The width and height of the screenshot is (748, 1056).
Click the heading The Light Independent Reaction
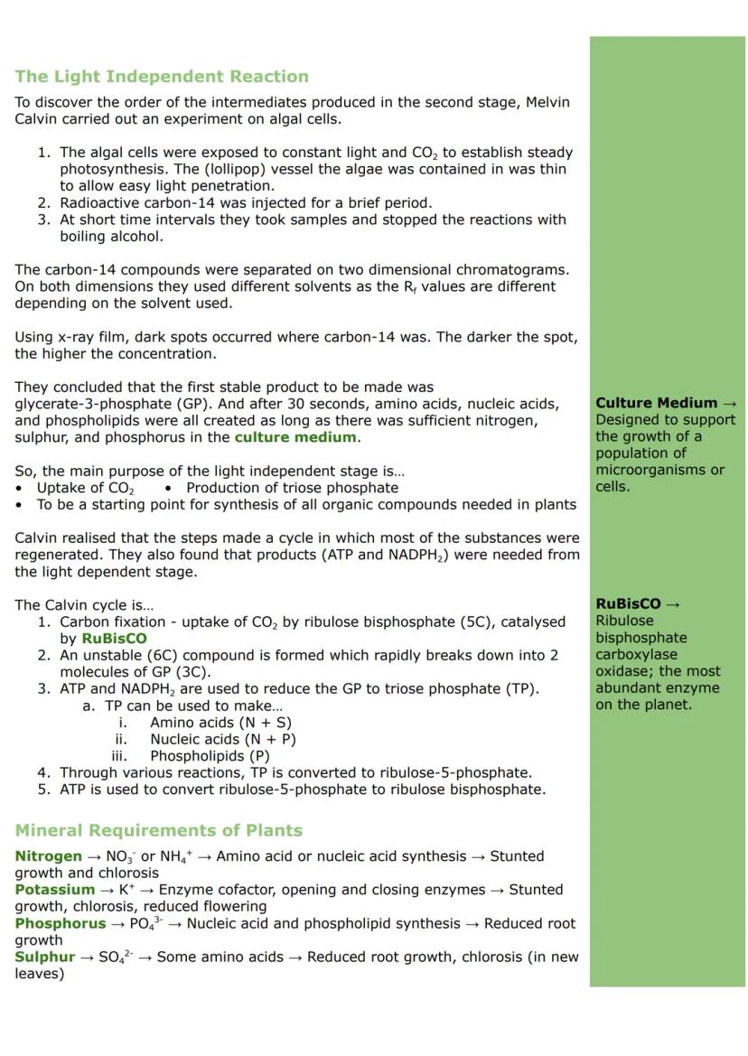click(x=161, y=77)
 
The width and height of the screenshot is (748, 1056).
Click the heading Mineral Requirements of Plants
click(x=158, y=830)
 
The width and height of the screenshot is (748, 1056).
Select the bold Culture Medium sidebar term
click(x=657, y=403)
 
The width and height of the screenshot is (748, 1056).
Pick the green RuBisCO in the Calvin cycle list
click(x=114, y=639)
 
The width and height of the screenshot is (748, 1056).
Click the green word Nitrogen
click(x=48, y=856)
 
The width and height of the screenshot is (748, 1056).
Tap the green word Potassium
click(x=54, y=890)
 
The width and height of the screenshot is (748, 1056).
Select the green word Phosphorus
click(x=60, y=923)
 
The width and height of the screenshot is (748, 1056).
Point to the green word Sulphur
click(x=45, y=957)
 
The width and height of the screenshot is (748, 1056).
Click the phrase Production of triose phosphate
click(x=292, y=488)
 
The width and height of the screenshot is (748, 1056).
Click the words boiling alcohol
click(x=112, y=237)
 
